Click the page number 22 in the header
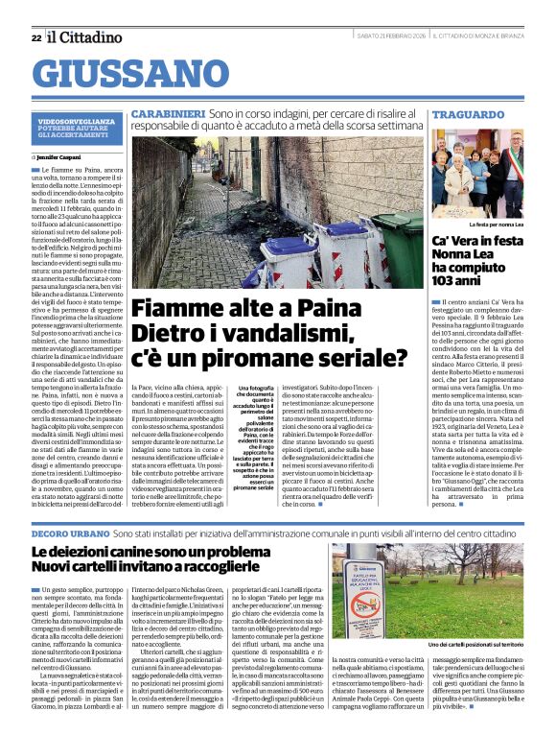pos(35,37)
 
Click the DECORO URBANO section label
pos(70,532)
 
